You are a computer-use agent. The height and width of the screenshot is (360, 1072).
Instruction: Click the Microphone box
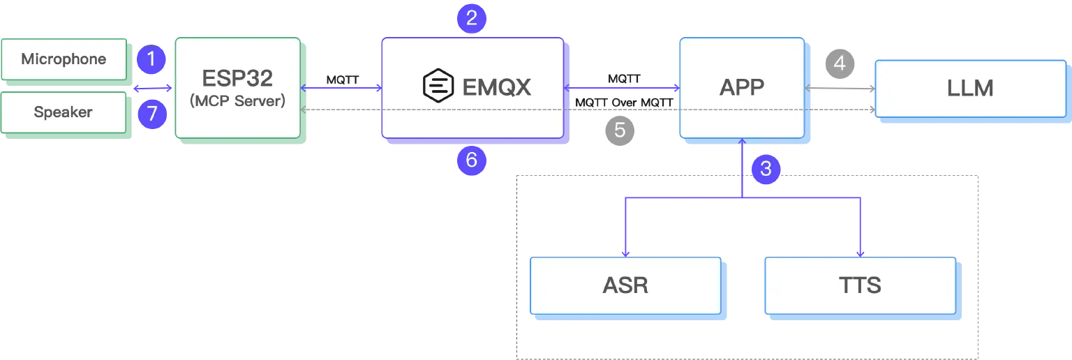point(64,59)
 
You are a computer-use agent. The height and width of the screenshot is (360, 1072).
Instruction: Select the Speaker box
point(64,112)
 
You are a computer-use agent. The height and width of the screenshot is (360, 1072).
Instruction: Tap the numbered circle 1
point(151,60)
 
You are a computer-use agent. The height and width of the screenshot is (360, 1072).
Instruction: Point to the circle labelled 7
point(151,114)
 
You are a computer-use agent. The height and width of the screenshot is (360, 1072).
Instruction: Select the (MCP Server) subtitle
point(237,101)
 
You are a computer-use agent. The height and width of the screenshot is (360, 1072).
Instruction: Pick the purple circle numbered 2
point(471,18)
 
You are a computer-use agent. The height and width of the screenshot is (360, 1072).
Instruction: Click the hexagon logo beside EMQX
point(439,87)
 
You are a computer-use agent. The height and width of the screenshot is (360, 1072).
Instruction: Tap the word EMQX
point(497,87)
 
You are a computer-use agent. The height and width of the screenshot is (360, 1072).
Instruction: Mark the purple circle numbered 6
point(471,160)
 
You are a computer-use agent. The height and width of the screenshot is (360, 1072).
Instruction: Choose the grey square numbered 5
point(620,130)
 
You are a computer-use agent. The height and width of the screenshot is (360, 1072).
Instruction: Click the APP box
point(741,87)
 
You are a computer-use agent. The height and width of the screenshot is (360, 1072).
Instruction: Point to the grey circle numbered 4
point(840,63)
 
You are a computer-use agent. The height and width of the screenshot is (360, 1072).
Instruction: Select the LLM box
point(970,88)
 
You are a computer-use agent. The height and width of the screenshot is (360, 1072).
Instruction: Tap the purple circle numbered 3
point(766,168)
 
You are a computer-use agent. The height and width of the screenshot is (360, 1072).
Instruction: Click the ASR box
point(625,285)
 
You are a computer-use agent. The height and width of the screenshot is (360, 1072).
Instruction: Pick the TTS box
point(860,285)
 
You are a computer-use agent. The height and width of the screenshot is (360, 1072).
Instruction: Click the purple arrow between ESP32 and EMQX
point(341,88)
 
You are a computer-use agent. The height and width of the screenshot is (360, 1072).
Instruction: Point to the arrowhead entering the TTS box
point(860,253)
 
